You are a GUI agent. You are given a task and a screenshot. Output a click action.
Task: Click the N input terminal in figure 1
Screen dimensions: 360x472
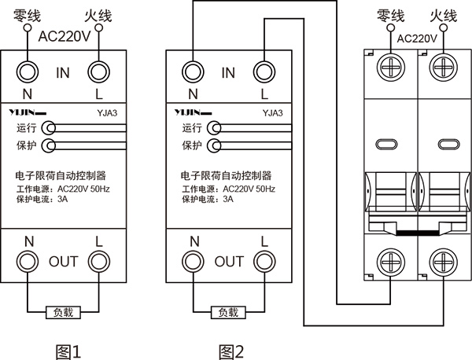click(x=27, y=73)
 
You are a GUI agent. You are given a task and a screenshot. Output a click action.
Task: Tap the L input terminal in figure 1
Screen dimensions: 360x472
click(x=98, y=73)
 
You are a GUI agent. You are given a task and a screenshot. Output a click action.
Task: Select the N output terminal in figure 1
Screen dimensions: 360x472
click(x=27, y=261)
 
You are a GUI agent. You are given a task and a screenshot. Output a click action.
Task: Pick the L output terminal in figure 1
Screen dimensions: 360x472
click(x=98, y=261)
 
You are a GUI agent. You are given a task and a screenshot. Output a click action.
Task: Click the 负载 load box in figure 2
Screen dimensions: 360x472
click(x=227, y=311)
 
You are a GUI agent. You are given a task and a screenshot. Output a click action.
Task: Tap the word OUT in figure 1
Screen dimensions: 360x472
click(x=64, y=261)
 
